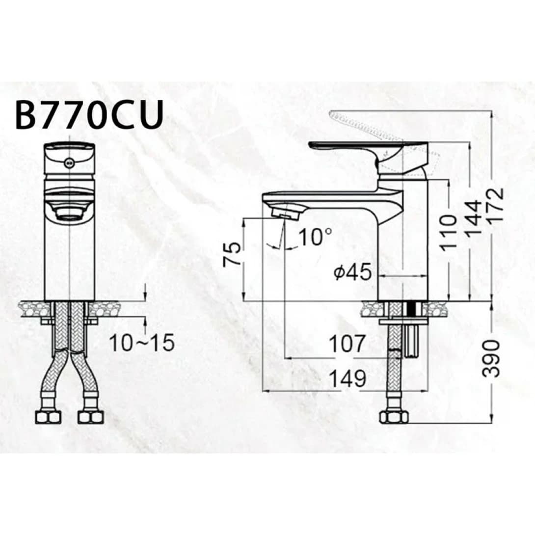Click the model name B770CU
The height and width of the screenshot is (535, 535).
point(89,115)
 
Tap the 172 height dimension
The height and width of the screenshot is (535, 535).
point(495,206)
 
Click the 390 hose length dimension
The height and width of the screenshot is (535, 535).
point(491,358)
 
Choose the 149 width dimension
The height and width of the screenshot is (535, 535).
point(348,378)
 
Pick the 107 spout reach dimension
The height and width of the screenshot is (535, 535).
point(347,344)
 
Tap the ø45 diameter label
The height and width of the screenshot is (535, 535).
point(352,272)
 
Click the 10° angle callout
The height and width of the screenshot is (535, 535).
point(315,237)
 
